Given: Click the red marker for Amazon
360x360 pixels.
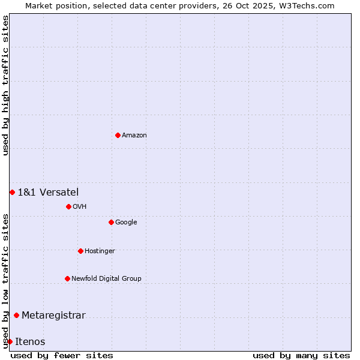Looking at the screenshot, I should click(118, 135).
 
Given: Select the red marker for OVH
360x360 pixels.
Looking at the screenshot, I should click(68, 206).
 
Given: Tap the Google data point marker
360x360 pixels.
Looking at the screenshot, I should click(111, 222).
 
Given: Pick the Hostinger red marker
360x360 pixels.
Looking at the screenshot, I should click(80, 251).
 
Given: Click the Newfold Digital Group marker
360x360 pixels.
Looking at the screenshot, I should click(67, 278).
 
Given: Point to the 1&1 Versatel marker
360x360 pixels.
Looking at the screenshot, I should click(12, 192).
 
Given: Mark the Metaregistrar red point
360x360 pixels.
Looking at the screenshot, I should click(16, 316).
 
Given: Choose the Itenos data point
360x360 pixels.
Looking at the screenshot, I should click(10, 342).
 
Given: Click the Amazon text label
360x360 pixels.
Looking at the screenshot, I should click(134, 136).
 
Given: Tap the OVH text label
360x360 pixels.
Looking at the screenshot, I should click(80, 207).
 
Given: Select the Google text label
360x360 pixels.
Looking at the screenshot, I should click(126, 223).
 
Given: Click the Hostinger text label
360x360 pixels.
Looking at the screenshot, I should click(100, 251).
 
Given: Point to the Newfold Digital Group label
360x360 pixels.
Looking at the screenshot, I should click(106, 279).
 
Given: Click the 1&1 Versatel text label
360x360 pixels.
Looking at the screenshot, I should click(48, 193).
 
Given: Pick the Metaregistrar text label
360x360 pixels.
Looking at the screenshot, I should click(53, 316).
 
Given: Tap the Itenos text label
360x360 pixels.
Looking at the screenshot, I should click(30, 342).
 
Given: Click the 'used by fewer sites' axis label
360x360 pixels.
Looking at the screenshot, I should click(62, 355).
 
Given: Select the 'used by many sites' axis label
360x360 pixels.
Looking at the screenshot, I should click(301, 355).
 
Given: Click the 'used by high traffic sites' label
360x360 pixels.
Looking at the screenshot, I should click(5, 85).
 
